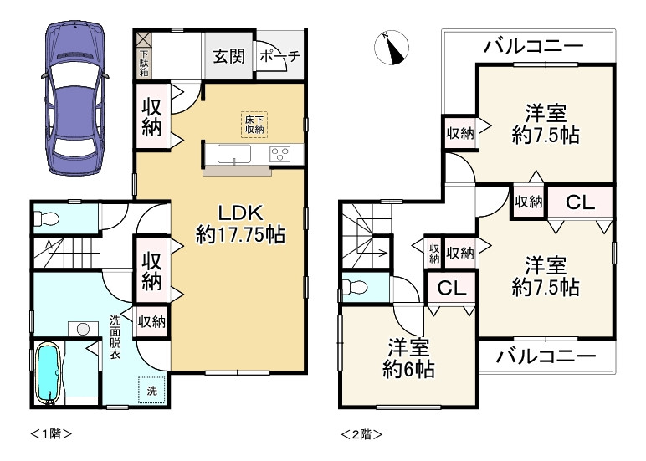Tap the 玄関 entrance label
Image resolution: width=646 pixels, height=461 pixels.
click(228, 57)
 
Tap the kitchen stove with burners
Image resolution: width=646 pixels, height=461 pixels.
click(279, 154)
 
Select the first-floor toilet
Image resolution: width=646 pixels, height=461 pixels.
click(47, 219)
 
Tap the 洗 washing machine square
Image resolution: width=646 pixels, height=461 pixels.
click(151, 390)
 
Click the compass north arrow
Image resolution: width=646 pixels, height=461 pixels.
click(392, 48)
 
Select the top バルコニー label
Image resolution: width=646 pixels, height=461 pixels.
click(532, 44)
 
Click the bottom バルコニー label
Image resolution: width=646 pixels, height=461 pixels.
click(545, 356)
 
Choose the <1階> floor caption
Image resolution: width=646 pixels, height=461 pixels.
click(51, 434)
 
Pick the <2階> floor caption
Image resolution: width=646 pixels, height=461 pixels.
click(361, 434)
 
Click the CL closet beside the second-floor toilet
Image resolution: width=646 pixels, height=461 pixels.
click(451, 289)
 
